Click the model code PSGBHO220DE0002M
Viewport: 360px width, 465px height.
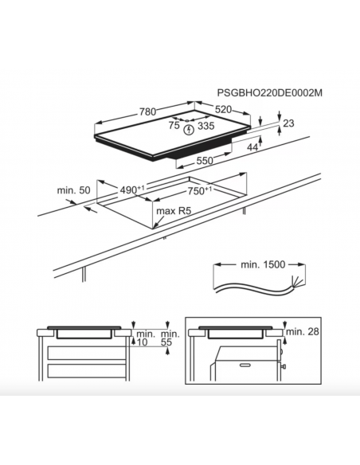click(269, 93)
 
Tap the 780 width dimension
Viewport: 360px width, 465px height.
click(147, 111)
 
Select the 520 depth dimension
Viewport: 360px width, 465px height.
click(223, 109)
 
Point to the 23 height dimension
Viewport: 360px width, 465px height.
click(288, 123)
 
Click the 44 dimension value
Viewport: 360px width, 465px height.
click(252, 147)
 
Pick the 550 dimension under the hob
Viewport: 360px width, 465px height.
click(205, 160)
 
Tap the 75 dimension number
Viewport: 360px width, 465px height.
click(174, 126)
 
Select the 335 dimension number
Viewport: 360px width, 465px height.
click(205, 126)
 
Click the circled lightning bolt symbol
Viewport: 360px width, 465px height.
click(189, 130)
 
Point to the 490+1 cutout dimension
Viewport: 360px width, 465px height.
click(132, 190)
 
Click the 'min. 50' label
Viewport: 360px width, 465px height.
click(73, 190)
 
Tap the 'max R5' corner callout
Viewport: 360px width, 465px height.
click(174, 211)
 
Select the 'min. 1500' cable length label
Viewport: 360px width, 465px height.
click(263, 264)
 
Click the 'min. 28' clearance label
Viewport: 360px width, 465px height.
click(303, 331)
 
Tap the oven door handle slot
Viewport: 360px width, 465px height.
click(246, 365)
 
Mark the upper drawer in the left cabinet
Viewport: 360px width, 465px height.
click(87, 353)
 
